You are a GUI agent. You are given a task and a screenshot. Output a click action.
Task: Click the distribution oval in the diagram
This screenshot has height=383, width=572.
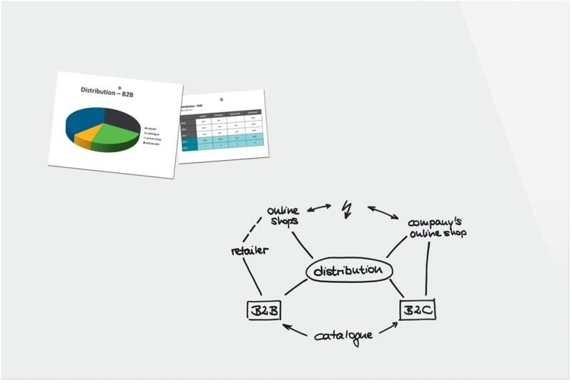[349, 271]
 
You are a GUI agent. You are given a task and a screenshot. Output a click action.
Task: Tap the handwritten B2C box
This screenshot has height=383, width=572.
[417, 309]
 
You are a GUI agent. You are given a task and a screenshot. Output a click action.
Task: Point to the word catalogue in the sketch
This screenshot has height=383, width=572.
[344, 334]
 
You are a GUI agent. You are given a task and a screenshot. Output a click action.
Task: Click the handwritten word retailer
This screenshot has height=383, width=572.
[249, 250]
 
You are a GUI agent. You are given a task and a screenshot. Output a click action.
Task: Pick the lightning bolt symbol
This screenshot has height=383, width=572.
[347, 208]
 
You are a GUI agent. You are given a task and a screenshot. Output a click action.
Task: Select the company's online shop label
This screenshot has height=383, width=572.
[436, 227]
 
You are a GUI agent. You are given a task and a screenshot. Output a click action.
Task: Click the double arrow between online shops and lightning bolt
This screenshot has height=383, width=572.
[319, 208]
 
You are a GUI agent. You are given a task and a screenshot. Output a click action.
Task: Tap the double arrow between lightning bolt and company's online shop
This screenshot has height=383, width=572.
[383, 212]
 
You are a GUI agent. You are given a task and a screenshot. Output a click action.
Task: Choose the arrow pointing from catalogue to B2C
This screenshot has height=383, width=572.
[388, 328]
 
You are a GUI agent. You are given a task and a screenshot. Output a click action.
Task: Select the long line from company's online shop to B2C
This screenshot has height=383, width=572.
[428, 268]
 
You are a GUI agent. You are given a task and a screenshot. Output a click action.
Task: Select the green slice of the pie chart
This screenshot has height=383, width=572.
[114, 134]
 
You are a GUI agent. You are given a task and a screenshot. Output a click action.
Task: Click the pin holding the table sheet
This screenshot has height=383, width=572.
[222, 99]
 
